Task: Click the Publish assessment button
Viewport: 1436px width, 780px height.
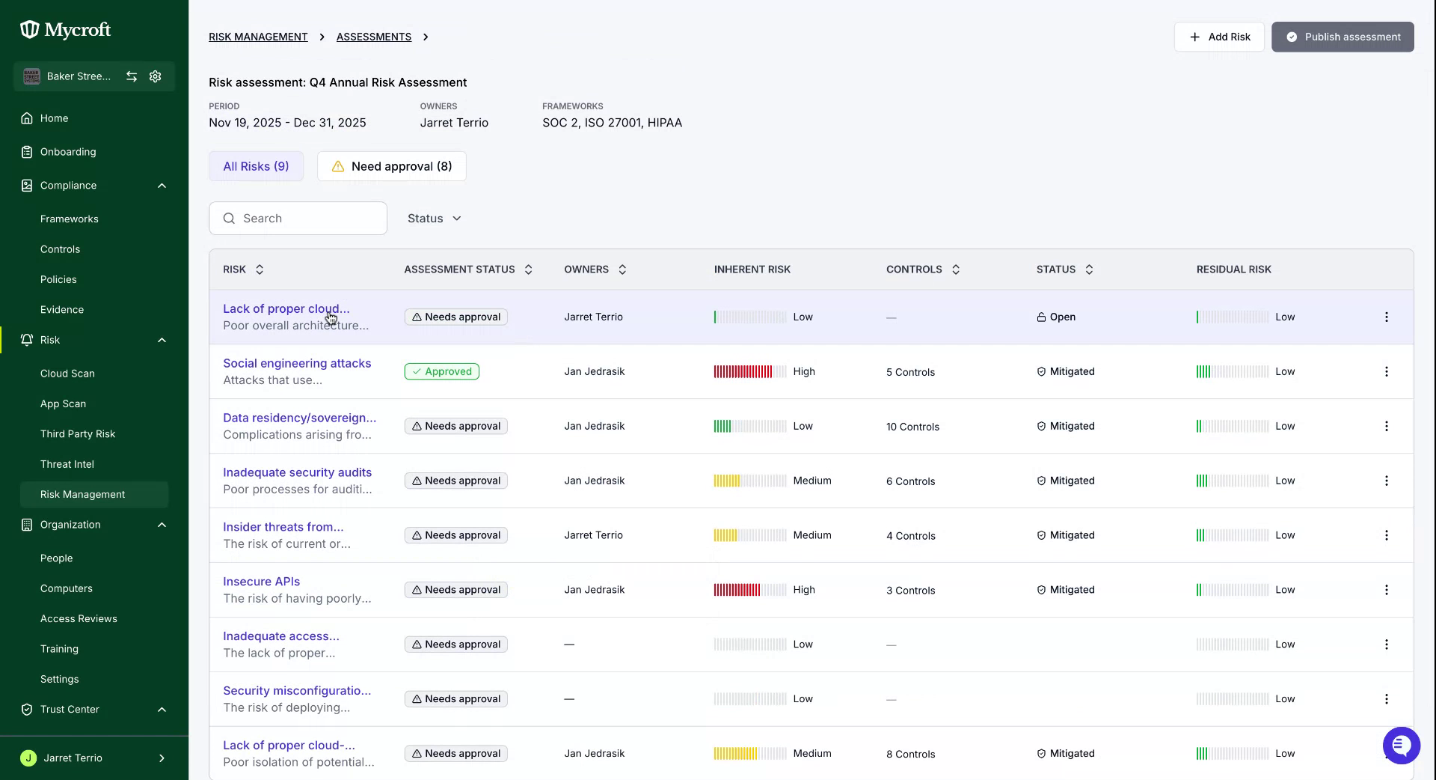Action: (1343, 37)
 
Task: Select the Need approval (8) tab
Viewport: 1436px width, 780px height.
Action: (392, 166)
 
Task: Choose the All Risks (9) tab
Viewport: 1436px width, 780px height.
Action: (256, 166)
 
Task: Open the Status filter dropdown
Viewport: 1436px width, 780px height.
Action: (434, 219)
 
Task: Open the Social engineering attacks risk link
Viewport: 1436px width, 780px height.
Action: (297, 363)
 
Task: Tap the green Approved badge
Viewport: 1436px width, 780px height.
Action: (442, 371)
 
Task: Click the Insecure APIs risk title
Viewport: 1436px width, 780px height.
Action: (261, 582)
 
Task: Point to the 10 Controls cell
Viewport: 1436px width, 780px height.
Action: (912, 427)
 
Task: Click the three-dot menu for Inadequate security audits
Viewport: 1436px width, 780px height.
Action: (1386, 481)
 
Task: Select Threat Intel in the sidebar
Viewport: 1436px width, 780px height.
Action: (67, 464)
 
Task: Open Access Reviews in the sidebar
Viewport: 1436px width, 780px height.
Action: (79, 618)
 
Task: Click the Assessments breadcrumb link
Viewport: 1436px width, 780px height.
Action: (374, 37)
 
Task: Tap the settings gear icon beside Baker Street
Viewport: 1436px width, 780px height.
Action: (156, 76)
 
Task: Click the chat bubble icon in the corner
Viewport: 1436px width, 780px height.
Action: (1401, 746)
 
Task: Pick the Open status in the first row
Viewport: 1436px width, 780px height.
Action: (1056, 317)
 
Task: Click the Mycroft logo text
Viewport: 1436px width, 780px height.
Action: (78, 30)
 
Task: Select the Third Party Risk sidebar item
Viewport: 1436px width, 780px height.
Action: (78, 434)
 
